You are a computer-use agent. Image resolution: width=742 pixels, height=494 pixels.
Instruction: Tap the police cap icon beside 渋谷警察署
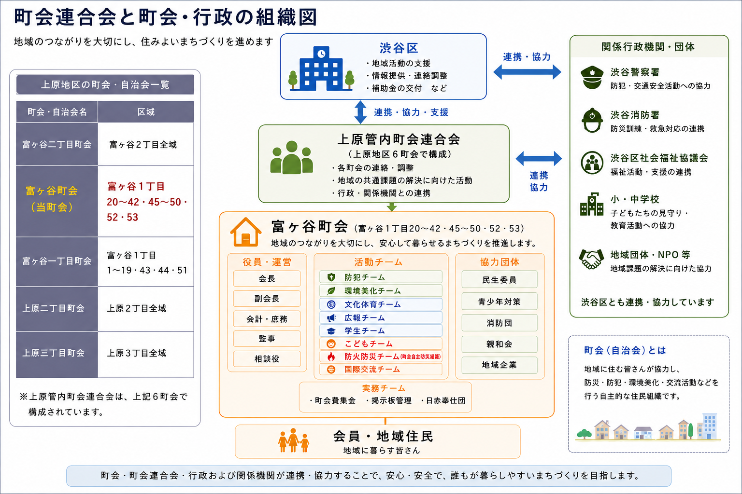(x=592, y=77)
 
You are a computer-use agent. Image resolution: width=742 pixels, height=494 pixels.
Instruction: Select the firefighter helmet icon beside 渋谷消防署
(x=592, y=120)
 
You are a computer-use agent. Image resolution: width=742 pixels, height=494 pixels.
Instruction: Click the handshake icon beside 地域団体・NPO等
(x=591, y=259)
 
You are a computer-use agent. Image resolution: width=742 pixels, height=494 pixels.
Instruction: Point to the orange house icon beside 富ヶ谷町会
(x=245, y=232)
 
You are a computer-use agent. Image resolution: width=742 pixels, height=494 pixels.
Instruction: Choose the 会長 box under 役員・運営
(x=267, y=279)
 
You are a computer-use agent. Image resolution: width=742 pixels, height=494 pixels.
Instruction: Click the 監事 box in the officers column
(x=267, y=339)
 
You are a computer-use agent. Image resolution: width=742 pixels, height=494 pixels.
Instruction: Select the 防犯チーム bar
(x=381, y=277)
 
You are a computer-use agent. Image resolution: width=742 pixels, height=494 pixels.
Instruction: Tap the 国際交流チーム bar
(x=381, y=369)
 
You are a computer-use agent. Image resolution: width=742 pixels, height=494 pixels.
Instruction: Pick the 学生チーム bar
(x=381, y=330)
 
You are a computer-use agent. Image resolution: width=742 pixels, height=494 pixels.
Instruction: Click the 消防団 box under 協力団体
(x=499, y=323)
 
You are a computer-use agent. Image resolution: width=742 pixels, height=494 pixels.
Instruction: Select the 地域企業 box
(x=499, y=365)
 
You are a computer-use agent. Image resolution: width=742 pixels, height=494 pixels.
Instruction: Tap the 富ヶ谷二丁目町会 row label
(x=57, y=144)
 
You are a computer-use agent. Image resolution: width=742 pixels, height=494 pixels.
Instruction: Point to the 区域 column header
(x=146, y=112)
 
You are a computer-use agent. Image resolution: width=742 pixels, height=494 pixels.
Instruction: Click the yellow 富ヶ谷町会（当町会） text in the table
(x=52, y=199)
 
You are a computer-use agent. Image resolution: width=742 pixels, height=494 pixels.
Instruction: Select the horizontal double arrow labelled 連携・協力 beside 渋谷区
(x=527, y=72)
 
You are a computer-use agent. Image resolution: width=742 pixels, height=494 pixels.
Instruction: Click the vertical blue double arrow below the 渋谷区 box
(x=360, y=112)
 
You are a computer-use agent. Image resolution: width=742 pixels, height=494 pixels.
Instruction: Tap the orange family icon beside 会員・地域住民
(x=294, y=440)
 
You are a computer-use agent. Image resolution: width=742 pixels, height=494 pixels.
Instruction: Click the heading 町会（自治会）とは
(x=625, y=350)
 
